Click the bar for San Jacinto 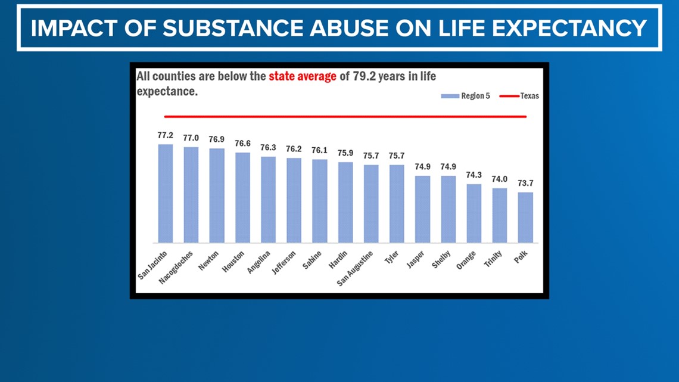point(165,194)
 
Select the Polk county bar point(525,218)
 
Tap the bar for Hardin point(345,203)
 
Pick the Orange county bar point(474,213)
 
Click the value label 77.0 point(191,138)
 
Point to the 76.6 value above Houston point(242,144)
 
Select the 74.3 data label point(474,175)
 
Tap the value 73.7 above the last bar point(525,183)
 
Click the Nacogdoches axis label point(176,267)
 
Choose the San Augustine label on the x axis point(355,268)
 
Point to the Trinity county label point(493,258)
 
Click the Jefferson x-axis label point(284,262)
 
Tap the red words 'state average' point(303,77)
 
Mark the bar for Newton point(217,195)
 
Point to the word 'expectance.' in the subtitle point(167,92)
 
